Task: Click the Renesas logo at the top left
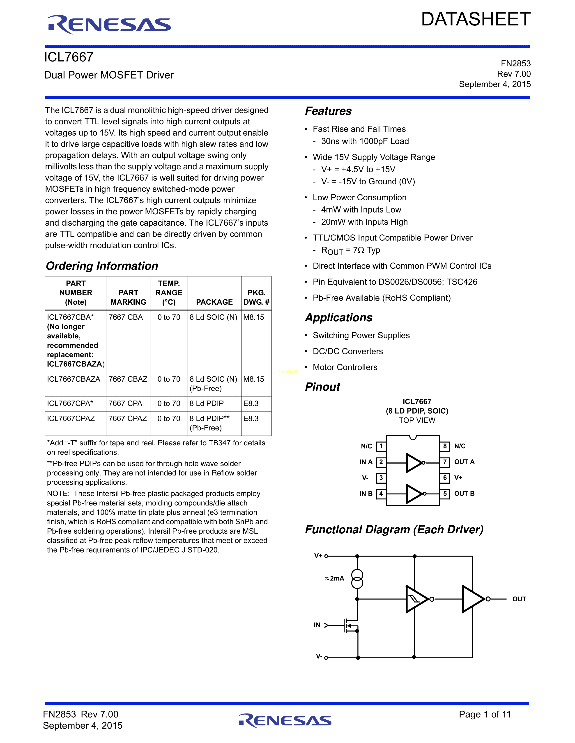[x=109, y=25]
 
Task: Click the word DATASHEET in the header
[x=476, y=19]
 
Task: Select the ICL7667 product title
[x=69, y=57]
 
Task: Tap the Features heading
[x=328, y=111]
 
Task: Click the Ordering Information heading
[x=102, y=266]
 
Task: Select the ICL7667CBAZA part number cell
[x=74, y=379]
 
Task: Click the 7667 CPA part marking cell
[x=125, y=403]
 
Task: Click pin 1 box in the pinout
[x=381, y=446]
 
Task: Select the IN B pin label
[x=366, y=494]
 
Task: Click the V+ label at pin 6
[x=458, y=478]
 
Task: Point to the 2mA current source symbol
[x=357, y=579]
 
